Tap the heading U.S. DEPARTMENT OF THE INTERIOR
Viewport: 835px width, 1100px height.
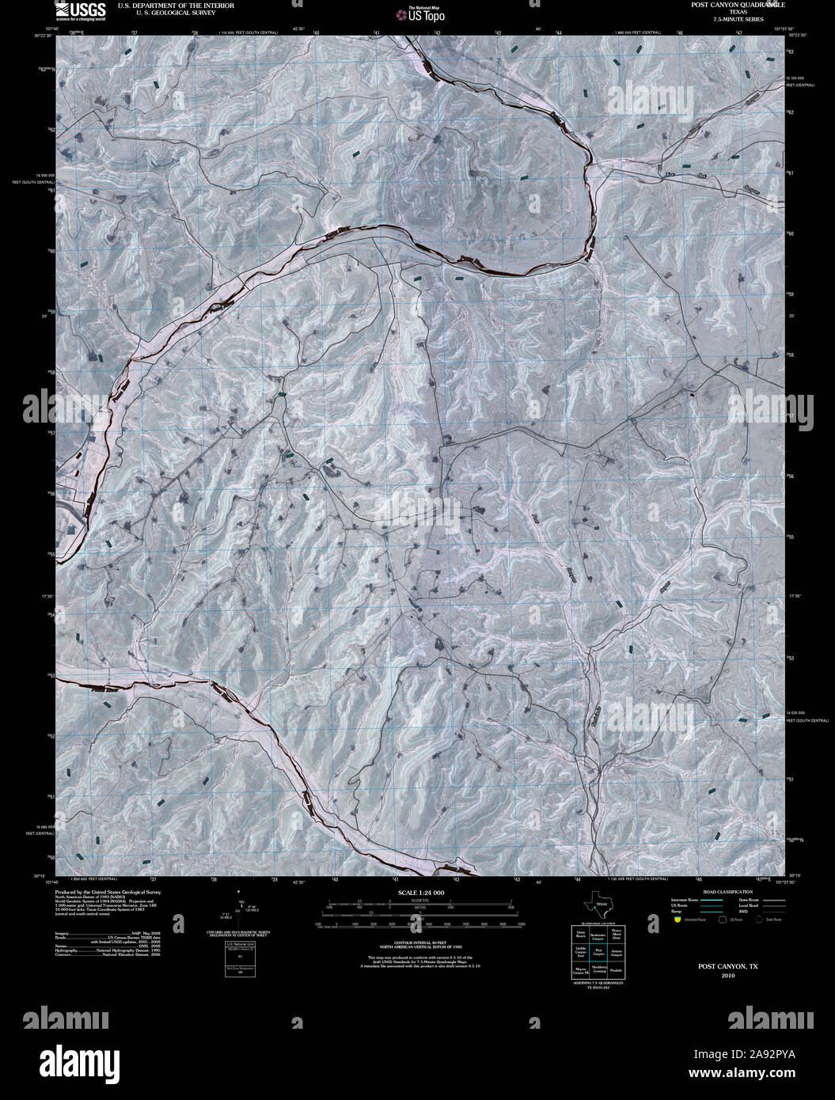coord(165,6)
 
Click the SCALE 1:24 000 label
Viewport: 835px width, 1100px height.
coord(418,893)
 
